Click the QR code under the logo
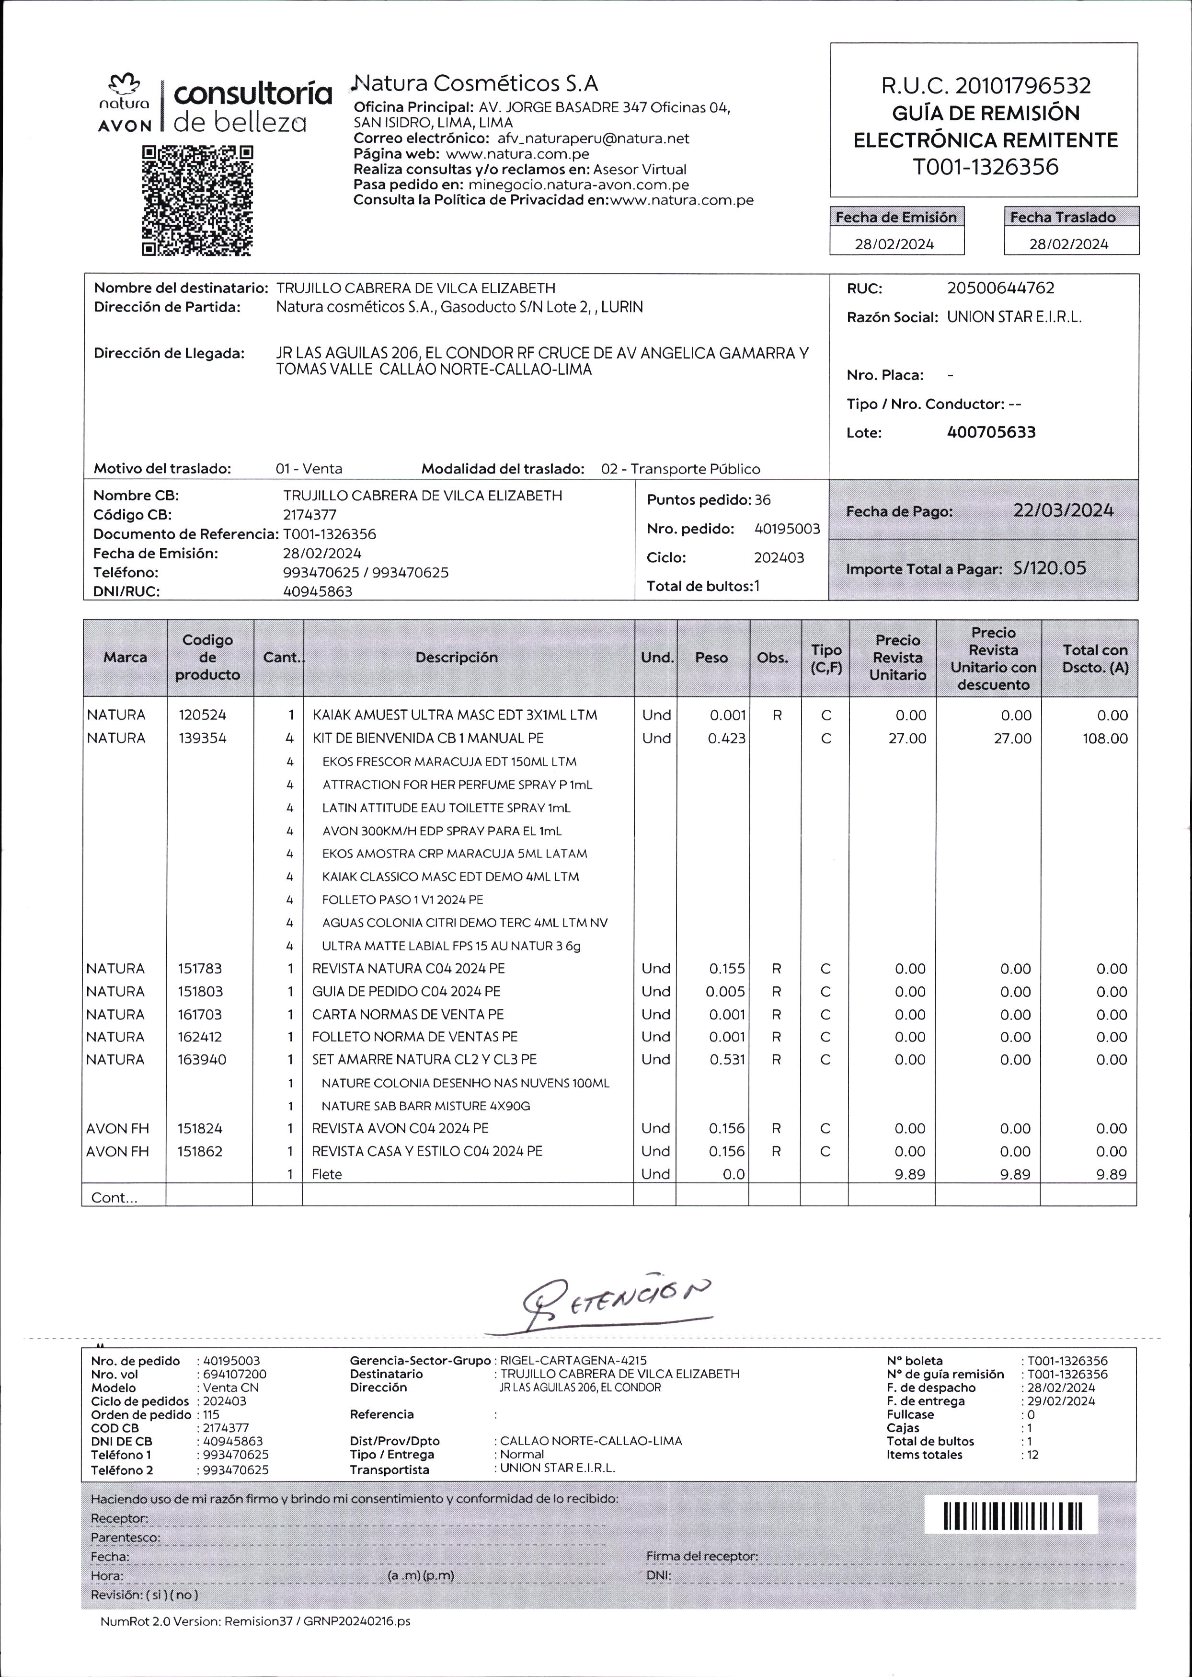point(197,200)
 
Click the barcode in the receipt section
point(1012,1516)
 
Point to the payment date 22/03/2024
point(1062,511)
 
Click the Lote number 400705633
point(991,432)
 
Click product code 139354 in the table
point(202,738)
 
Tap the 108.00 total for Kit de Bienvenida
point(1105,739)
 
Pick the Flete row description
point(327,1174)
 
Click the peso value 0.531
point(727,1060)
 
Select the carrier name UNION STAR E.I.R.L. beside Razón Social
point(1014,317)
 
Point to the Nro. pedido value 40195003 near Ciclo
point(787,529)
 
